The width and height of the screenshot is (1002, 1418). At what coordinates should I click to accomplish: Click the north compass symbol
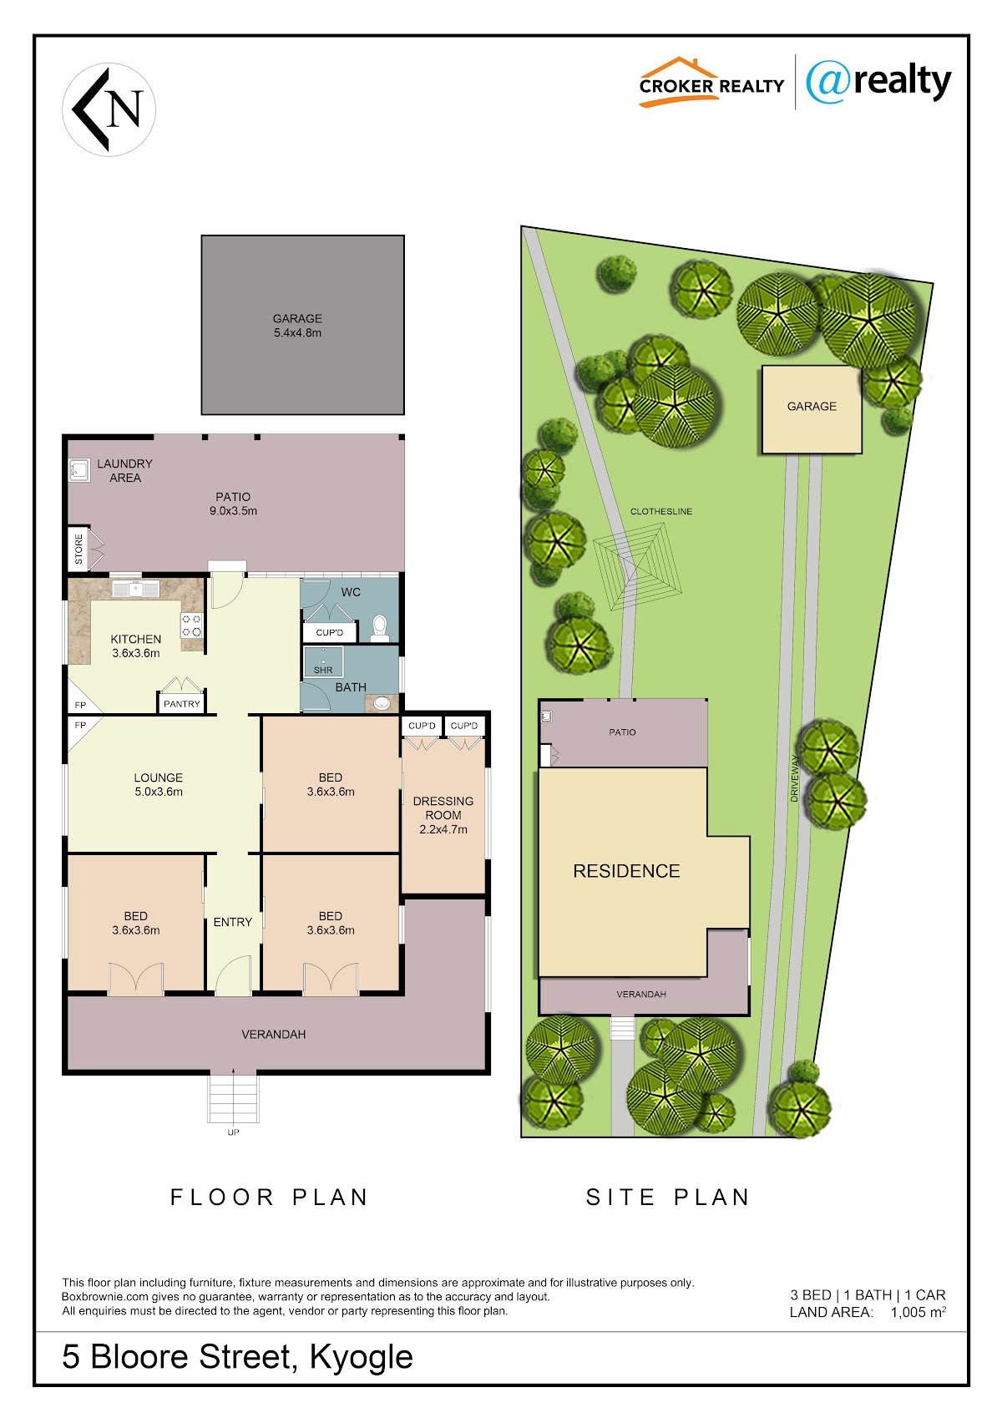pos(109,109)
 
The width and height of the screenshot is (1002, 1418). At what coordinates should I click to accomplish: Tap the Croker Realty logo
pos(711,83)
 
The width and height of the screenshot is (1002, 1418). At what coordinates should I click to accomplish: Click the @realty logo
pos(878,83)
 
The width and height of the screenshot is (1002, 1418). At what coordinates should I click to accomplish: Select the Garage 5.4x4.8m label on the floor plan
pos(297,326)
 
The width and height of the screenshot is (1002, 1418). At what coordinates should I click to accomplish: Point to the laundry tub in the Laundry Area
pos(79,470)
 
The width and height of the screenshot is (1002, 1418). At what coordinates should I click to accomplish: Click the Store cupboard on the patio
pos(78,549)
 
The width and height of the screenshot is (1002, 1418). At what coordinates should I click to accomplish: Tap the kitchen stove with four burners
pos(192,625)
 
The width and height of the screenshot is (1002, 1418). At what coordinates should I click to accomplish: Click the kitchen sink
pos(136,590)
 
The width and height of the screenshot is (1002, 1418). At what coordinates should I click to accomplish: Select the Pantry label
pos(182,704)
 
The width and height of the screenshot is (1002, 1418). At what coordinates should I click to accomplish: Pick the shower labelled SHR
pos(323,661)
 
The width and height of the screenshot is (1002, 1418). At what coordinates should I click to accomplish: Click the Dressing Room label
pos(443,815)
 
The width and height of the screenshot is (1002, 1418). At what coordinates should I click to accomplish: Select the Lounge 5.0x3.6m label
pos(159,784)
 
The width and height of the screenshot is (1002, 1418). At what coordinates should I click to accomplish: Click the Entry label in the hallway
pos(233,922)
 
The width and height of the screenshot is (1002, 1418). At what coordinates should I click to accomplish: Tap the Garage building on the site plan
pos(812,409)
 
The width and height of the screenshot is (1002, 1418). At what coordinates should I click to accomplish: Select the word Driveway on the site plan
pos(794,778)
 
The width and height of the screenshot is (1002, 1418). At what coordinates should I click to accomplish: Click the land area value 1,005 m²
pos(918,1312)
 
